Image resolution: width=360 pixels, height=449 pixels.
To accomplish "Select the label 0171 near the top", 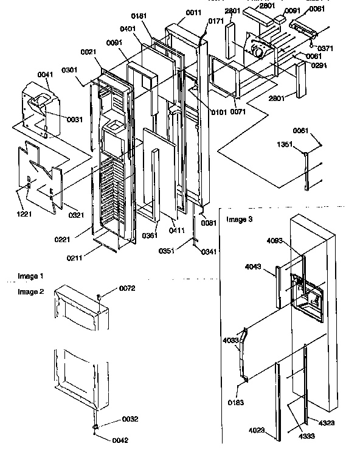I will tap(216, 21).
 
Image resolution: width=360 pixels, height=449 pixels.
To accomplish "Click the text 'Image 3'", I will tap(238, 218).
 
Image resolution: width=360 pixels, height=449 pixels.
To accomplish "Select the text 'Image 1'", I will tap(30, 276).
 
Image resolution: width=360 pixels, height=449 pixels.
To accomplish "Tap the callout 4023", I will tap(258, 431).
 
